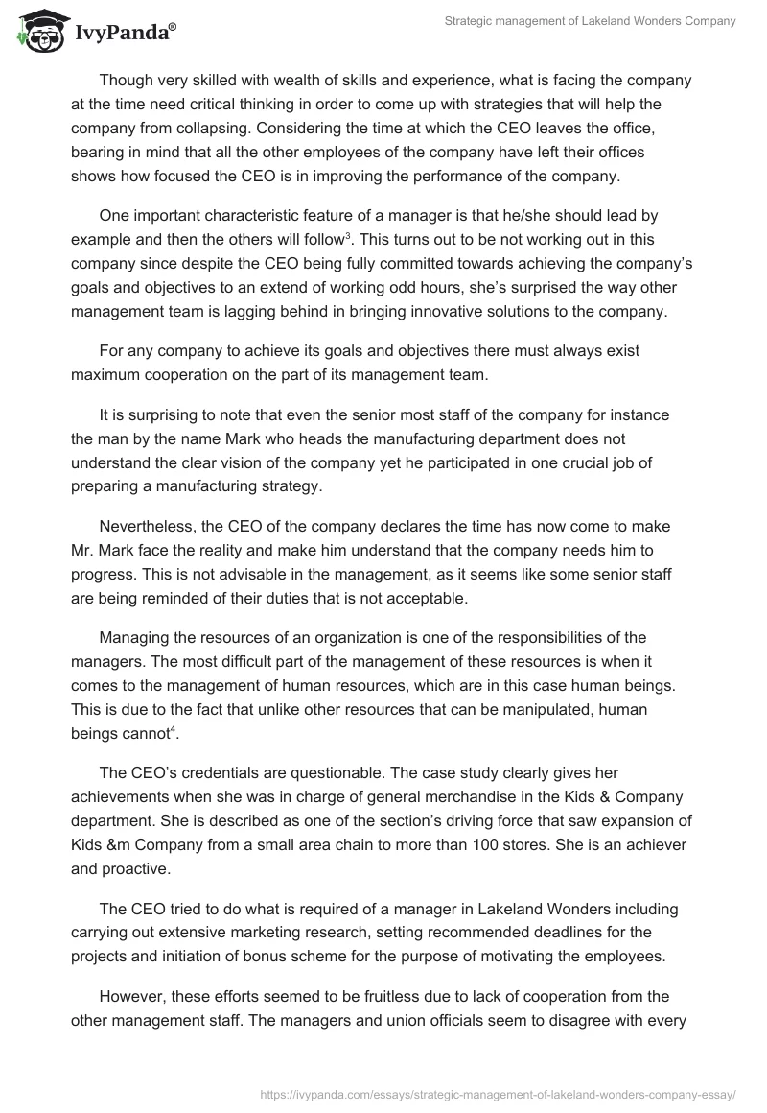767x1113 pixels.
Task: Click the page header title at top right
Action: click(x=591, y=22)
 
